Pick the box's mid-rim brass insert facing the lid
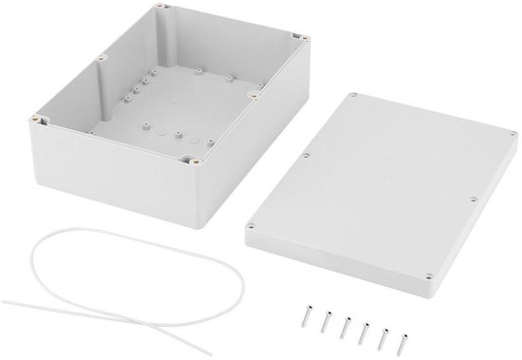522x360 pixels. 255,95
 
